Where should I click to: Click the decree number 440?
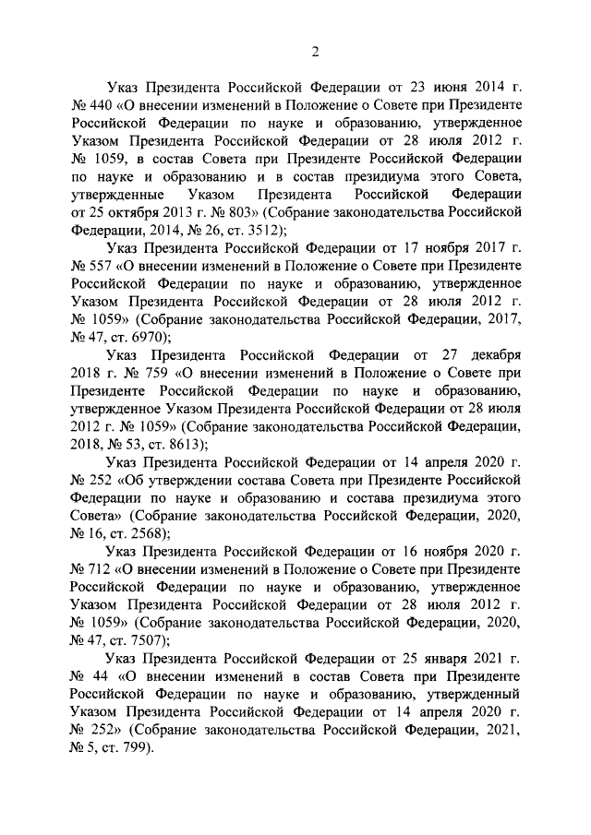pos(106,106)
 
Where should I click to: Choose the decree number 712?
pos(106,570)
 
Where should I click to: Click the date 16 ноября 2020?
pos(442,552)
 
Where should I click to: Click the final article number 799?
pos(139,748)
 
